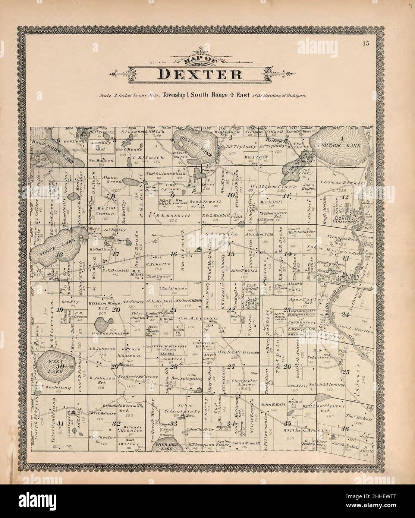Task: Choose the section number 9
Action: pos(173,195)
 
